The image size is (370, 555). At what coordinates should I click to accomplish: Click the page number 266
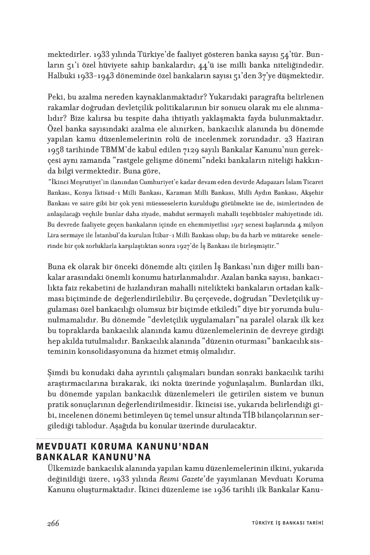click(x=53, y=523)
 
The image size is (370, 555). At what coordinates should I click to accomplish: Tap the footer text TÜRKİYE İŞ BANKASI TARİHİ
click(x=284, y=524)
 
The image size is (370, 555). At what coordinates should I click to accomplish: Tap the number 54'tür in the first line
click(x=290, y=54)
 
